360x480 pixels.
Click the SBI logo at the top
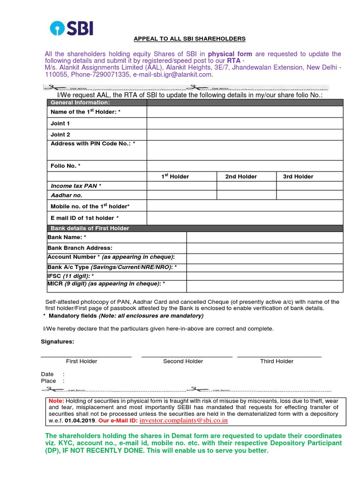72,28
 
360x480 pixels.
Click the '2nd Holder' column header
241,176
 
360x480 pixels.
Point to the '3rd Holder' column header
298,176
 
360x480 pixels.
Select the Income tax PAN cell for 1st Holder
181,186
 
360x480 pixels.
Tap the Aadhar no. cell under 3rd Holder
309,195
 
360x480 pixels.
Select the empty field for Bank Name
265,238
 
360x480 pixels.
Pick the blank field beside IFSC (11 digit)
265,276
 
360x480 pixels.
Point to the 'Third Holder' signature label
277,361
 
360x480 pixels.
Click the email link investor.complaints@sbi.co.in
184,420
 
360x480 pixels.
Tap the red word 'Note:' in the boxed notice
56,401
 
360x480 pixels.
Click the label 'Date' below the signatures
47,374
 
